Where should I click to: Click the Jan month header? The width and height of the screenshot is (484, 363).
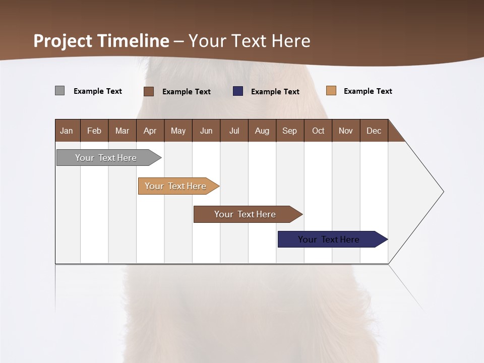pos(67,131)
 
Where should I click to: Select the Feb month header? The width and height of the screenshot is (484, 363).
pos(94,131)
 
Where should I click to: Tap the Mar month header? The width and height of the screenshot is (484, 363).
pos(122,131)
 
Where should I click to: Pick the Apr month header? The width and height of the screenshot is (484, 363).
pos(150,131)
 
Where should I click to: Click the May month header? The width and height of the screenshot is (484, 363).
pos(178,131)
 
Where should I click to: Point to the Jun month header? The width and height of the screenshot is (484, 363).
pos(206,131)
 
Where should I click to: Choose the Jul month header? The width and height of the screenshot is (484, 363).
pos(234,131)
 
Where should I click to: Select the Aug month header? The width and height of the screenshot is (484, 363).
pos(262,131)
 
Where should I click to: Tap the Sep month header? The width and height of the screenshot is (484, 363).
pos(290,131)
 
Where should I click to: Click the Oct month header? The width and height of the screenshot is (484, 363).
pos(318,131)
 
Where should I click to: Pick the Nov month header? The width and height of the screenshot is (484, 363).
pos(346,131)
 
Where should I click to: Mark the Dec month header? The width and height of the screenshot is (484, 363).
pos(374,131)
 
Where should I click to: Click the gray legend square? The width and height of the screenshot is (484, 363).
pos(60,91)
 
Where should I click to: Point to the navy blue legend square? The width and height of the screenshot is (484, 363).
pos(238,91)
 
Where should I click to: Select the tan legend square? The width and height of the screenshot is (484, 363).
pos(331,91)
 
